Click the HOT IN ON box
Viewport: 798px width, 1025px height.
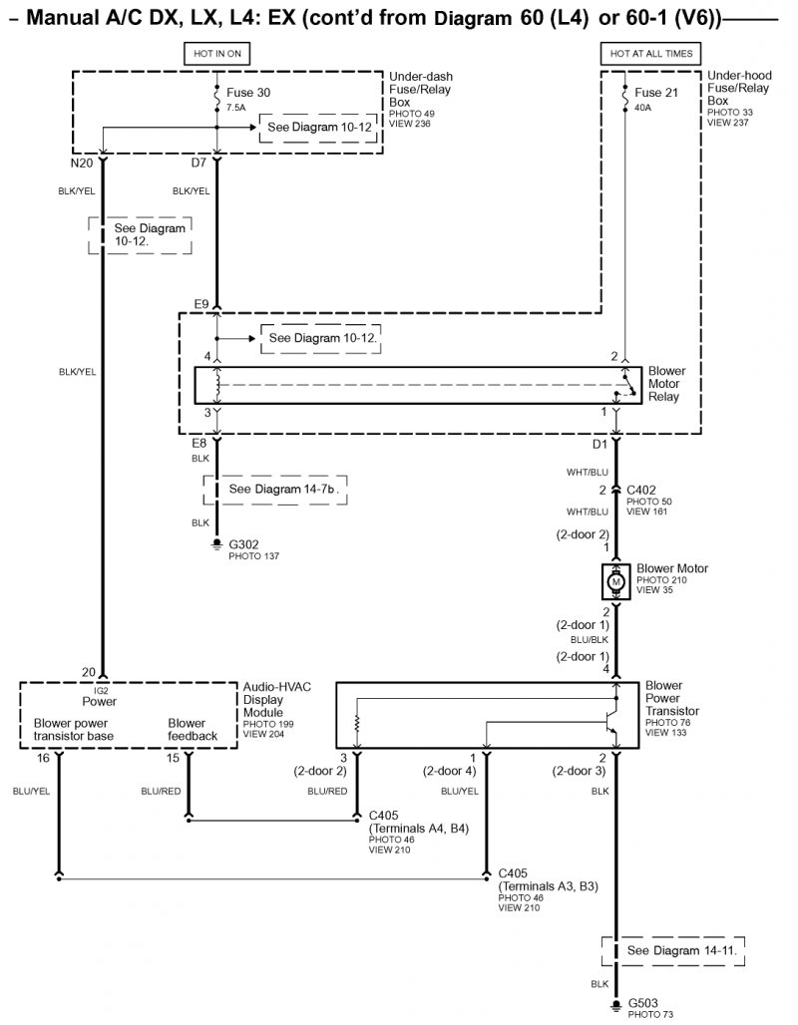tap(216, 53)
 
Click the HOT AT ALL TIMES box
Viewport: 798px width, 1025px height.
tap(649, 53)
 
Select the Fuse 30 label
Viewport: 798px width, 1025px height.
tap(249, 94)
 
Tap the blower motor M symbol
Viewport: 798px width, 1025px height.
tap(615, 581)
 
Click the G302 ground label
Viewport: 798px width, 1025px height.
tap(243, 544)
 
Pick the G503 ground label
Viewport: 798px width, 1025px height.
tap(642, 1003)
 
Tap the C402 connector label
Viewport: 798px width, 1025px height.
tap(641, 490)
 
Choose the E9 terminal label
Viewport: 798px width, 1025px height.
tap(200, 303)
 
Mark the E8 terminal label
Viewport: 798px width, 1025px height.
tap(199, 443)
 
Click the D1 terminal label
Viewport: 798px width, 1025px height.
tap(598, 443)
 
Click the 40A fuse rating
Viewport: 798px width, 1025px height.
tap(644, 108)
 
